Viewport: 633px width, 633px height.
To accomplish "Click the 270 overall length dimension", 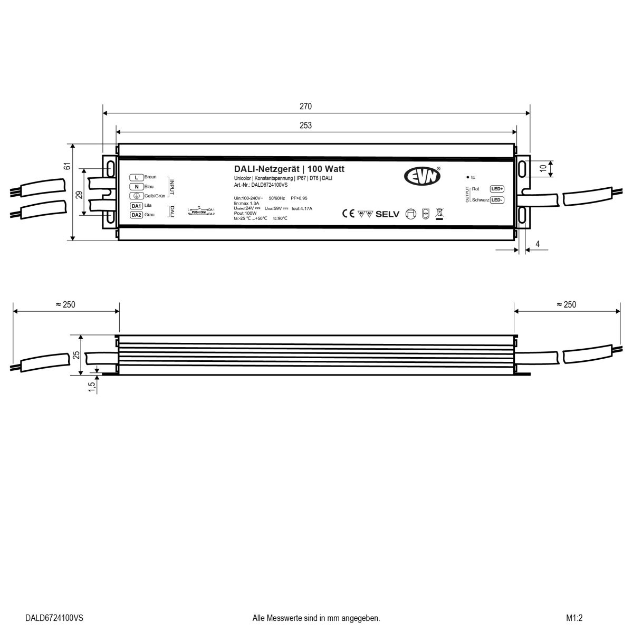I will pos(306,106).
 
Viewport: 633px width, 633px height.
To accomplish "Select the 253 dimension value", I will pos(306,125).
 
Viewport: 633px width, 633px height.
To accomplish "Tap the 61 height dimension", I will pos(67,166).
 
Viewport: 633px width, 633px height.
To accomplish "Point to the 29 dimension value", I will pos(79,194).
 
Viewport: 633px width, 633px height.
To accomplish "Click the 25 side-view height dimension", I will pos(75,355).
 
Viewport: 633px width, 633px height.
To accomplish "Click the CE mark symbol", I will pos(348,214).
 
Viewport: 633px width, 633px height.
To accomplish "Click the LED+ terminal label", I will pos(497,188).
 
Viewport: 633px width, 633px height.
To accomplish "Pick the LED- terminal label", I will pos(497,200).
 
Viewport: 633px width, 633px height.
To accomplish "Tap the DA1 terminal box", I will pos(136,206).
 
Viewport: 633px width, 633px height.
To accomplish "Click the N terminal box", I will pos(136,186).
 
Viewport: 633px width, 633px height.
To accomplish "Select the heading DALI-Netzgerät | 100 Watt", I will pos(289,169).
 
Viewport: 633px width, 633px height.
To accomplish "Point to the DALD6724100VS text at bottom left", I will pos(54,618).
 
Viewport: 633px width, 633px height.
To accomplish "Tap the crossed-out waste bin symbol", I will pos(439,214).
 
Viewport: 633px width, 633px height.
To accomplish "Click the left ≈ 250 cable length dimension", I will pos(65,304).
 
